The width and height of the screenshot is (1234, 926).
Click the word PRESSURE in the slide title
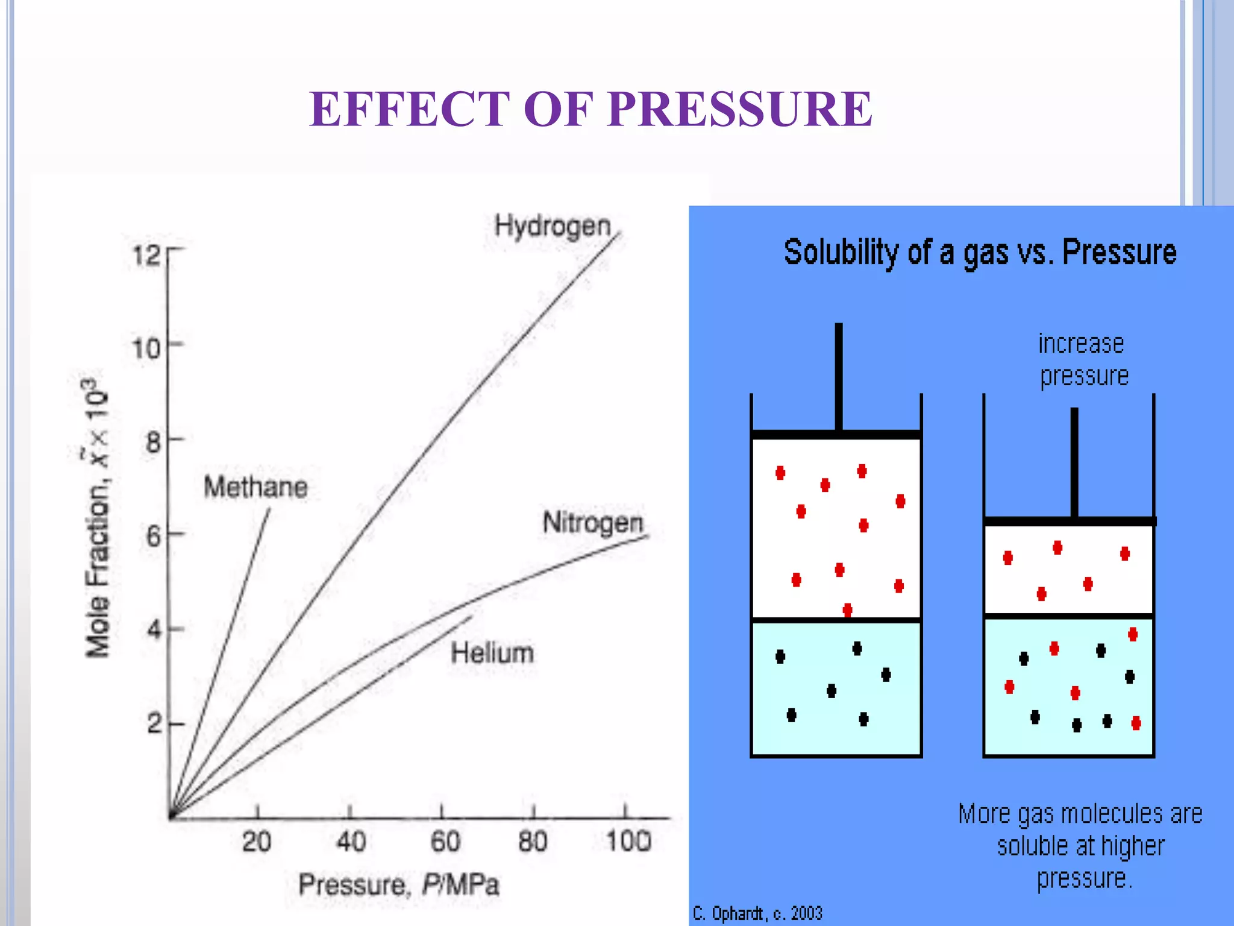740,109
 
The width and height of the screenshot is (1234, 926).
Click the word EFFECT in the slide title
409,109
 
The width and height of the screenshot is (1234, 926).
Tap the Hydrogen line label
553,227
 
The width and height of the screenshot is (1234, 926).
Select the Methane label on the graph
255,487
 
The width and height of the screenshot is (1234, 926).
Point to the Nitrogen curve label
593,523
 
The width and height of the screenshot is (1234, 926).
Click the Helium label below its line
492,653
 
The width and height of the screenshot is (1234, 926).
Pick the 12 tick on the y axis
146,256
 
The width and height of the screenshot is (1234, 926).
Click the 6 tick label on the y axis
154,536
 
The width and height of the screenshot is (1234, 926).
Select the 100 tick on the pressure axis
628,842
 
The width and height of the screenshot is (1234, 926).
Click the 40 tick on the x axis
351,842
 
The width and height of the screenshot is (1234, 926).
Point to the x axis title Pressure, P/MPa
399,885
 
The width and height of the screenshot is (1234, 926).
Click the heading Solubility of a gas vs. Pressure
980,252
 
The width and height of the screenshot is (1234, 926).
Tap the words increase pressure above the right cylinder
1083,360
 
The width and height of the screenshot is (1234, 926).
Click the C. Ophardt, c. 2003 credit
757,913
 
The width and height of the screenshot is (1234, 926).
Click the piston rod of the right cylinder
1074,461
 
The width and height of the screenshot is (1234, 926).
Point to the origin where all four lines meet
171,817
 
